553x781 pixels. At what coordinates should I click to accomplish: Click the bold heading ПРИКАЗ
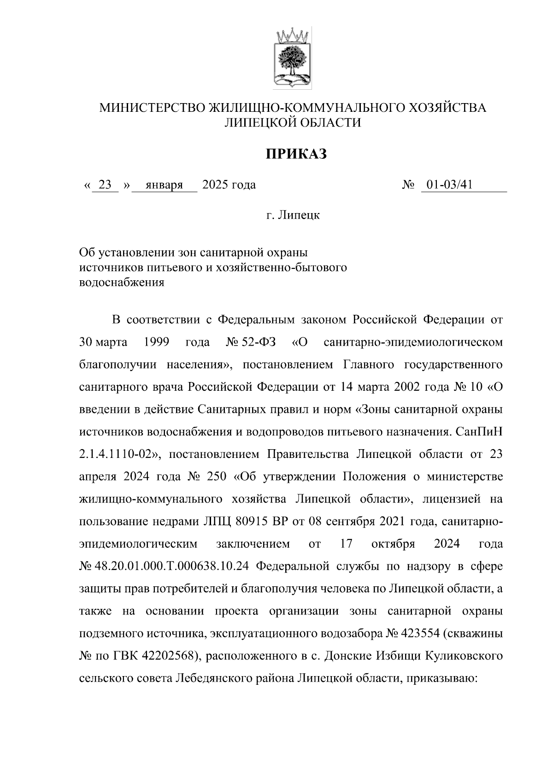coord(295,154)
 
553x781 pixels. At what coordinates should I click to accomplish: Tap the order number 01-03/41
coord(449,185)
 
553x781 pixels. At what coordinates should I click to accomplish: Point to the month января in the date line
coord(164,185)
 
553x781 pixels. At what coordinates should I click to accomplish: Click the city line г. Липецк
coord(293,215)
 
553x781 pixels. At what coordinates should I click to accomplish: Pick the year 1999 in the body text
coord(157,342)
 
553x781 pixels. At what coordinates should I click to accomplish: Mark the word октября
coord(393,544)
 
